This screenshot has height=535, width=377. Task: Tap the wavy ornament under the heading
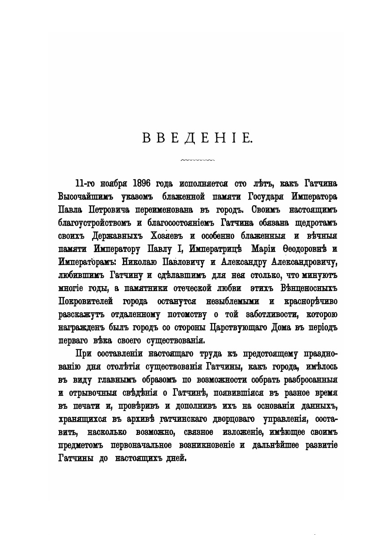(x=197, y=159)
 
